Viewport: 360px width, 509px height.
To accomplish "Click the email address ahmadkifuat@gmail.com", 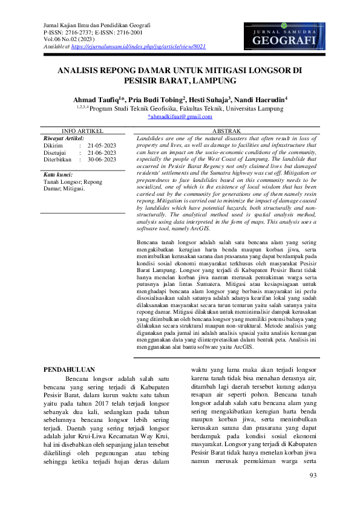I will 180,116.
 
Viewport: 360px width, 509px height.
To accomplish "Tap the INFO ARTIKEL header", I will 83,131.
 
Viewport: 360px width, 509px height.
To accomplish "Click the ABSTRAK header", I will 227,131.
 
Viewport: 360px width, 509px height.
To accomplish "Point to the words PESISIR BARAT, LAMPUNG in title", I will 180,80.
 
